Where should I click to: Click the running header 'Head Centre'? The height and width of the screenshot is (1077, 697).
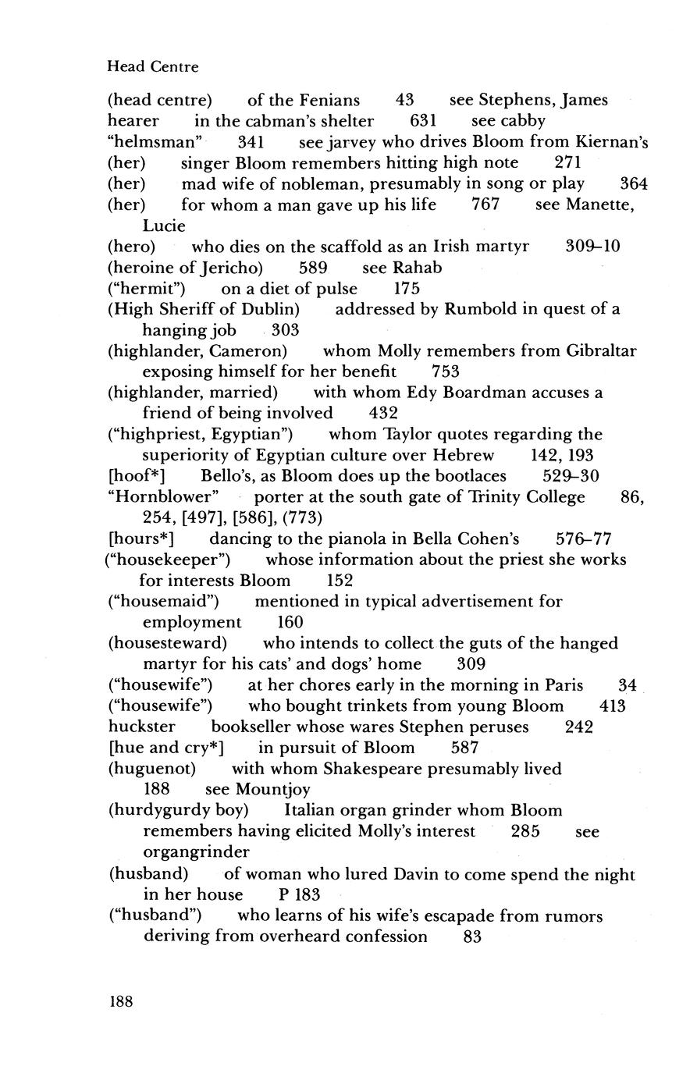pyautogui.click(x=152, y=67)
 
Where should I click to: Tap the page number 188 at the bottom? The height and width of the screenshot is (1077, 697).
pyautogui.click(x=120, y=1001)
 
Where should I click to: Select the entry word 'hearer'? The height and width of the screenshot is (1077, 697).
pyautogui.click(x=133, y=121)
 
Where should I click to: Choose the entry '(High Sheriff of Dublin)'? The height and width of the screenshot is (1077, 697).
pyautogui.click(x=204, y=309)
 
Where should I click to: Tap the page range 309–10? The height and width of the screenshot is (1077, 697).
pyautogui.click(x=592, y=247)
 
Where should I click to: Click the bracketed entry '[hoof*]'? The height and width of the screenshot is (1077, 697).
pyautogui.click(x=136, y=476)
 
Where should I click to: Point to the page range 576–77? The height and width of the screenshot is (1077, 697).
pyautogui.click(x=584, y=538)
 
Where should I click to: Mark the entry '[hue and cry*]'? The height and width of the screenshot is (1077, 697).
pyautogui.click(x=165, y=748)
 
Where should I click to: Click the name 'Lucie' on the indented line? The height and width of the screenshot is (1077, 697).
pyautogui.click(x=164, y=226)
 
